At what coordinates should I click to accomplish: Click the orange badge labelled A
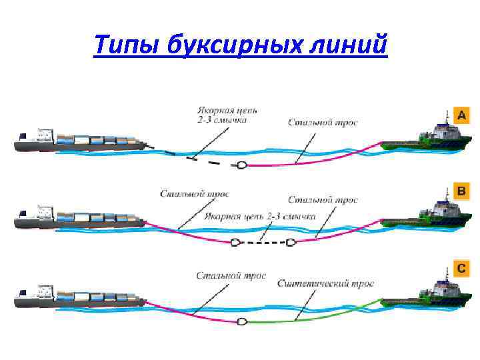(x=461, y=115)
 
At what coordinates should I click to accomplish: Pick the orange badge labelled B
(x=461, y=191)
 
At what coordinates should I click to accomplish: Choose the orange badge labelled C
(x=461, y=269)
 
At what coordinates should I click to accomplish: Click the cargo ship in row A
(x=80, y=141)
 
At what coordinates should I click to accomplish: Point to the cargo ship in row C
(x=80, y=295)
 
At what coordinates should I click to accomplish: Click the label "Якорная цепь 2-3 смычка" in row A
(x=227, y=115)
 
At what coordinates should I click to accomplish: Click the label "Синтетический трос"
(x=326, y=283)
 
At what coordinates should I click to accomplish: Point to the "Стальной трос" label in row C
(x=231, y=275)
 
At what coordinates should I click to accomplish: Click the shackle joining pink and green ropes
(x=241, y=321)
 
